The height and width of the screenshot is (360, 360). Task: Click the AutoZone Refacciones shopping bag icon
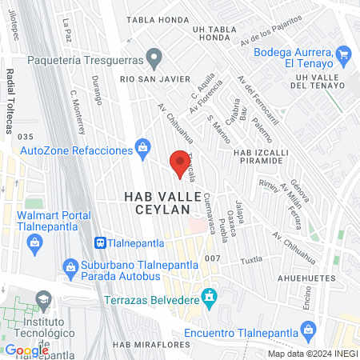142,146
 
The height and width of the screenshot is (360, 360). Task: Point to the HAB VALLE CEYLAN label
156,202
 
